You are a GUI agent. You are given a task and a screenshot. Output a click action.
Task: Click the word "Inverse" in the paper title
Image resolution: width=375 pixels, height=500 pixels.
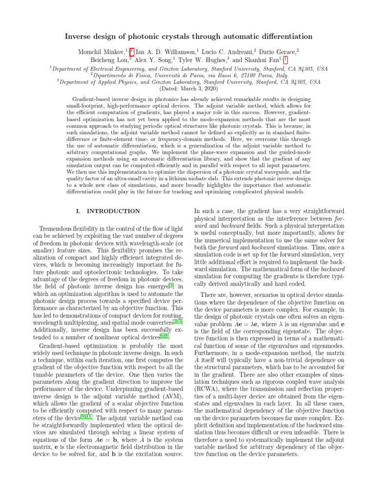78,37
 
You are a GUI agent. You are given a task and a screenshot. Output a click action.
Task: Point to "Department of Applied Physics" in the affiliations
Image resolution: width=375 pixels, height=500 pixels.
92,82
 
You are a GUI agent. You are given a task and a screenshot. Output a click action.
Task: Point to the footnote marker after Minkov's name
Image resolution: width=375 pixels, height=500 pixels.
132,50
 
